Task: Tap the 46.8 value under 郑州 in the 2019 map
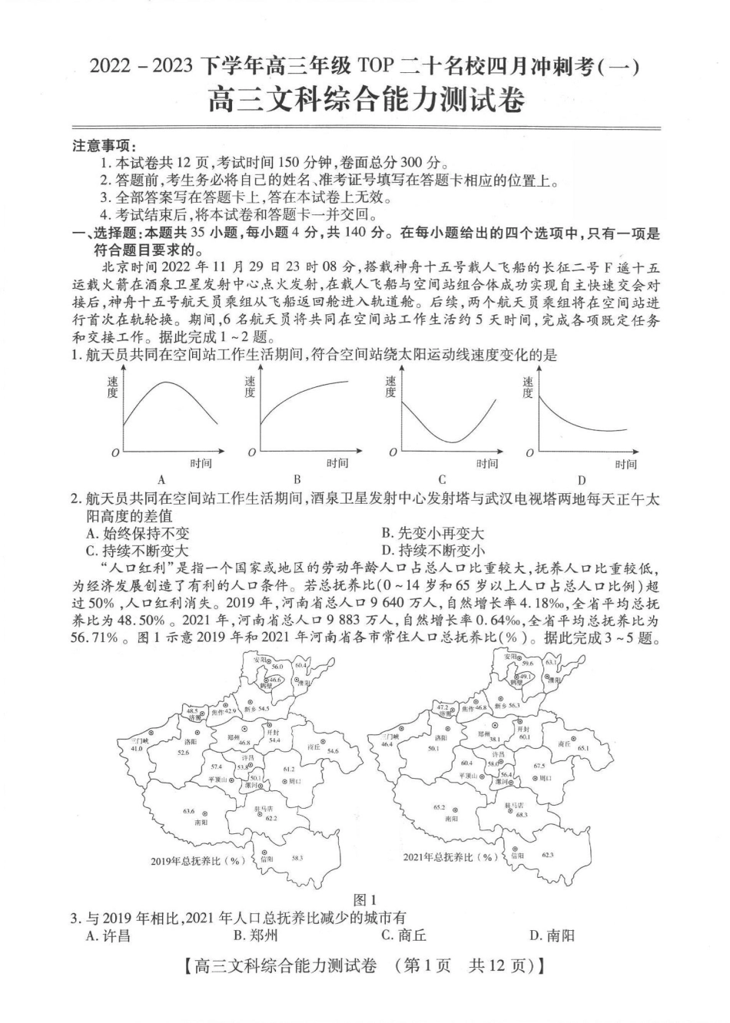[x=244, y=743]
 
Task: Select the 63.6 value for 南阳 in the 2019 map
[x=188, y=811]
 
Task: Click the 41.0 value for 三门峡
[x=136, y=748]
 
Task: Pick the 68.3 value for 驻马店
[x=522, y=814]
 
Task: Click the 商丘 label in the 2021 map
[x=564, y=743]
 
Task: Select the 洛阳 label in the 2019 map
[x=191, y=742]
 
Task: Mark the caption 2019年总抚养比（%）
[x=197, y=861]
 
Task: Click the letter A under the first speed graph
[x=161, y=480]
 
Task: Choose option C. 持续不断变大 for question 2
[x=138, y=551]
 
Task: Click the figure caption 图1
[x=364, y=900]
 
